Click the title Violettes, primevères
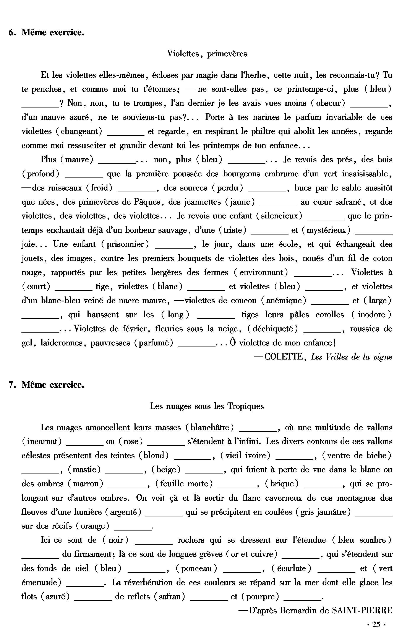click(x=207, y=54)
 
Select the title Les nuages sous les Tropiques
click(x=207, y=406)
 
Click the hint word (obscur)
click(x=328, y=103)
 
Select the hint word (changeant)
click(x=79, y=131)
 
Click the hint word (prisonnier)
click(x=125, y=244)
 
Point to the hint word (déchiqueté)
click(x=272, y=329)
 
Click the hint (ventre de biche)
click(x=357, y=456)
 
